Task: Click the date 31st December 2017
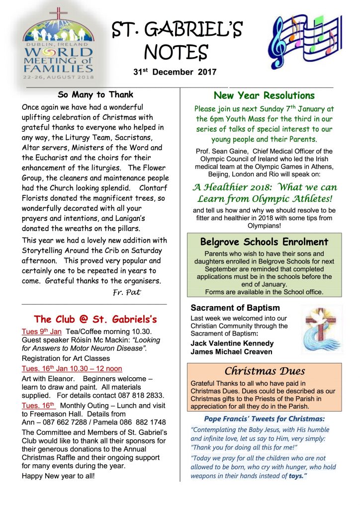pyautogui.click(x=175, y=72)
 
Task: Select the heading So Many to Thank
pyautogui.click(x=95, y=94)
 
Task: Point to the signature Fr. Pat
pyautogui.click(x=127, y=292)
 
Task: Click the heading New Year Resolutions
pyautogui.click(x=264, y=95)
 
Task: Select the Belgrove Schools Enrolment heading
pyautogui.click(x=264, y=242)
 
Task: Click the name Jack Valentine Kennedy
pyautogui.click(x=232, y=343)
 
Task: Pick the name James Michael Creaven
pyautogui.click(x=232, y=352)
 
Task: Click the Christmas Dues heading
pyautogui.click(x=264, y=371)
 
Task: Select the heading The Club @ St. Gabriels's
pyautogui.click(x=95, y=319)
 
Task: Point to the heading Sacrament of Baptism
pyautogui.click(x=235, y=308)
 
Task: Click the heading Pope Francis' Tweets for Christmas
pyautogui.click(x=264, y=419)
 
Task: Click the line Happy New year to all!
pyautogui.click(x=58, y=476)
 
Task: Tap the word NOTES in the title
pyautogui.click(x=176, y=51)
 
